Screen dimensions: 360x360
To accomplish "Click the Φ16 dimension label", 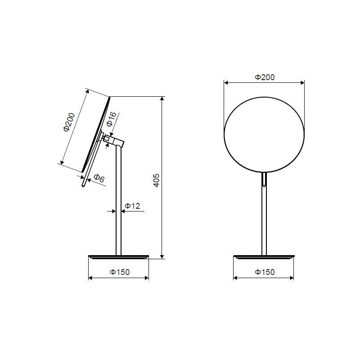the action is coord(112,119).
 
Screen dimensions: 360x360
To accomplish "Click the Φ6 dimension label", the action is coord(99,178).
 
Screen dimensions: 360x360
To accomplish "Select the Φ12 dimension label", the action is coord(132,206).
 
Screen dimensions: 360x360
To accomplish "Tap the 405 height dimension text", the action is coord(156,180).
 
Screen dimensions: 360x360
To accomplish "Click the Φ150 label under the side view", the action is coord(120,272).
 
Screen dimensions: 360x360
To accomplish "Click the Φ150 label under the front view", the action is coord(265,272).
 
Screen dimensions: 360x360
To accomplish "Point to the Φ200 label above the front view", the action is coord(265,77).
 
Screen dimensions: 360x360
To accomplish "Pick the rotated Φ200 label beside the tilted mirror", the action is coord(69,122).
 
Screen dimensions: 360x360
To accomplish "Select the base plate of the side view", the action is coord(119,257).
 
